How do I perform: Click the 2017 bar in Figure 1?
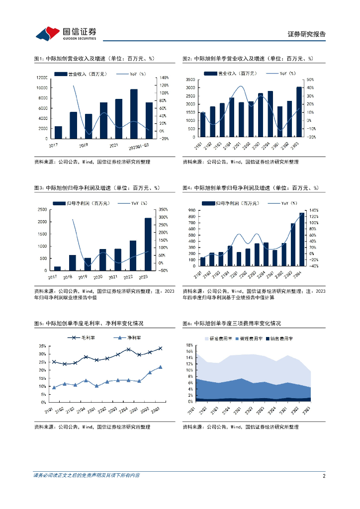point(58,132)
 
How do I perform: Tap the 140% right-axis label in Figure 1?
point(164,78)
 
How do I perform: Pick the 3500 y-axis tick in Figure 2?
point(190,80)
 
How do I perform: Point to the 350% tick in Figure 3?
point(163,209)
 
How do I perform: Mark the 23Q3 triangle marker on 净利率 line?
point(160,367)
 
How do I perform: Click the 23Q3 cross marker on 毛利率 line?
point(160,348)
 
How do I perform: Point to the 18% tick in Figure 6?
point(189,345)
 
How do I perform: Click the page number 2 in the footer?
point(324,476)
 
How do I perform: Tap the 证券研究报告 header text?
point(307,34)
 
